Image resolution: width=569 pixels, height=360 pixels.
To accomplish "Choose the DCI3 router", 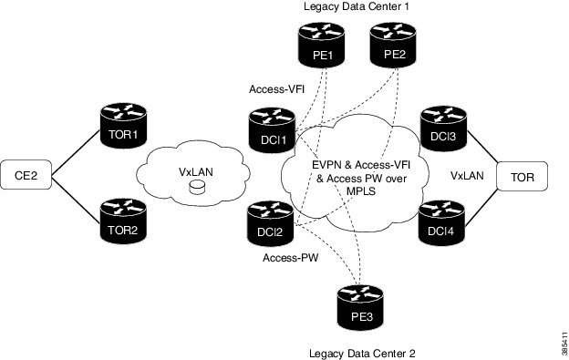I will (x=442, y=132).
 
